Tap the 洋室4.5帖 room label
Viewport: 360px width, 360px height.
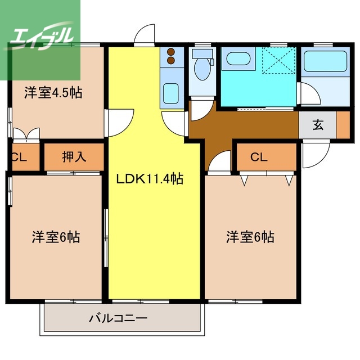(53, 93)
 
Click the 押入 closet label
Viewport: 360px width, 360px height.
(74, 157)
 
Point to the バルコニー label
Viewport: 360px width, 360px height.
(119, 318)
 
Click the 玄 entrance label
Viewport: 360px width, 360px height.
(318, 125)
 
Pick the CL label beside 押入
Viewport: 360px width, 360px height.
(19, 157)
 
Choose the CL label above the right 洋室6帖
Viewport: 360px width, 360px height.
(259, 157)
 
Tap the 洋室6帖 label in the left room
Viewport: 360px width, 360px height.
(55, 237)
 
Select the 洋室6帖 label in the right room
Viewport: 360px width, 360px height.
(250, 237)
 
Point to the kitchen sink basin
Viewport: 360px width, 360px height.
(169, 93)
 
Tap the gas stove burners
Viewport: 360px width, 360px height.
(169, 57)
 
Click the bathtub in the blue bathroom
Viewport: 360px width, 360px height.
(238, 59)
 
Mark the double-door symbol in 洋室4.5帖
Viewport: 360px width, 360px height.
(26, 134)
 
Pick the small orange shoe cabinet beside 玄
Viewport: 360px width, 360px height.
(342, 125)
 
